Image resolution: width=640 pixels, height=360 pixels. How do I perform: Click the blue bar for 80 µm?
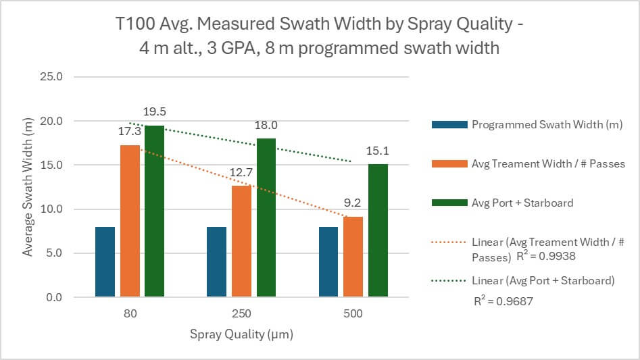tap(105, 262)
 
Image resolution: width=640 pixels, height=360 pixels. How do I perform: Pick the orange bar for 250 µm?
tap(241, 241)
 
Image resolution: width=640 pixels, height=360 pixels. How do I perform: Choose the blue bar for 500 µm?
tap(328, 262)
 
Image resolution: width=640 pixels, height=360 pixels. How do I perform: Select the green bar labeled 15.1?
tap(378, 231)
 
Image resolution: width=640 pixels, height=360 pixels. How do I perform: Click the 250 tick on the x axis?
tap(241, 314)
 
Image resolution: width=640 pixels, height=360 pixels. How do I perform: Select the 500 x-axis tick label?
tap(353, 314)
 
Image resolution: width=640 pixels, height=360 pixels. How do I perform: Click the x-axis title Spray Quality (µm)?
tap(241, 334)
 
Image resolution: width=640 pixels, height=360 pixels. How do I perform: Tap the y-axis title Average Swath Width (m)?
tap(28, 186)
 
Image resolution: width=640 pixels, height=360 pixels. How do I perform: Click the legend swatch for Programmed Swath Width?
tap(448, 124)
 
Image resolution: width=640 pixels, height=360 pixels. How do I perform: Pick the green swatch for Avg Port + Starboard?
tap(448, 202)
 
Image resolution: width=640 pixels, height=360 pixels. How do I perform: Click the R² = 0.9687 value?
tap(503, 301)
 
